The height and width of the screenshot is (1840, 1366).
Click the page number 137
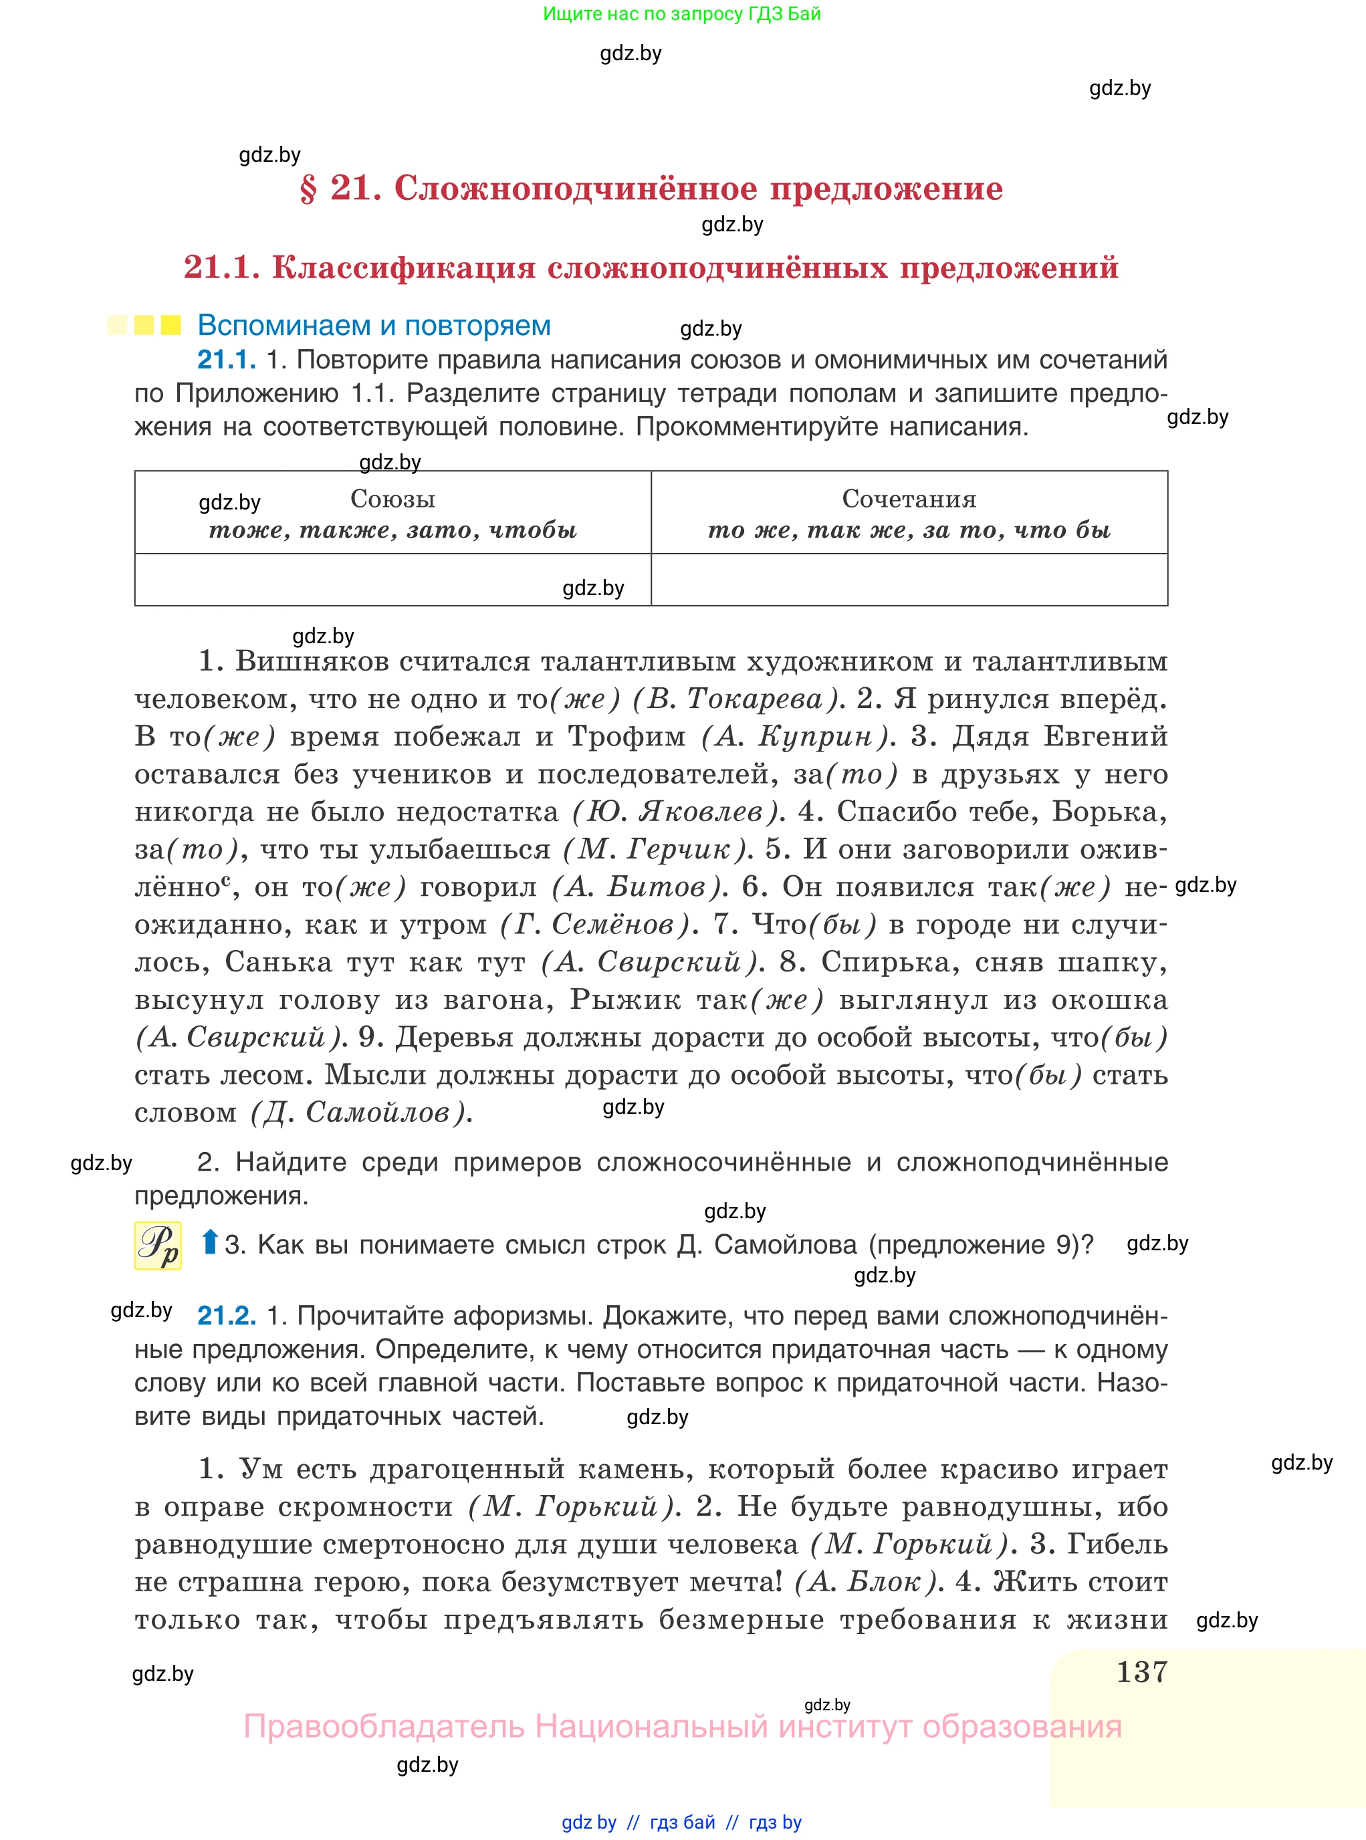pos(1141,1672)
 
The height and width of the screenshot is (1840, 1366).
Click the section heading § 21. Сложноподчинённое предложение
pos(651,189)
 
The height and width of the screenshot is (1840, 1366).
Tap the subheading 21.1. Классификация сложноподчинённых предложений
pos(651,267)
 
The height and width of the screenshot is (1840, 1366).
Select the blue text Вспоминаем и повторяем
pos(374,325)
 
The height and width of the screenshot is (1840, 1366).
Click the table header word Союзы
pos(392,499)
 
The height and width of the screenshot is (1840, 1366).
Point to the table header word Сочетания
pos(909,499)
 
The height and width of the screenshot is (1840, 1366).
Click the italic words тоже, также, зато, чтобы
pos(392,530)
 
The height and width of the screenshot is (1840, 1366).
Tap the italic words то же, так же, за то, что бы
pos(909,530)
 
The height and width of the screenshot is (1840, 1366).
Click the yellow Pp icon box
pos(158,1244)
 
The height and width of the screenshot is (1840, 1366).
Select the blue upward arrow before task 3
pos(210,1242)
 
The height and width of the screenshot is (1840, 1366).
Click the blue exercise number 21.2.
pos(227,1315)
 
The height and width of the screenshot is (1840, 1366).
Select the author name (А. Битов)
pos(639,887)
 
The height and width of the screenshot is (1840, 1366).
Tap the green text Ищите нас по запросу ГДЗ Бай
pos(681,13)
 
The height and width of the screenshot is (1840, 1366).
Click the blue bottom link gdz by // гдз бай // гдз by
pos(681,1822)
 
